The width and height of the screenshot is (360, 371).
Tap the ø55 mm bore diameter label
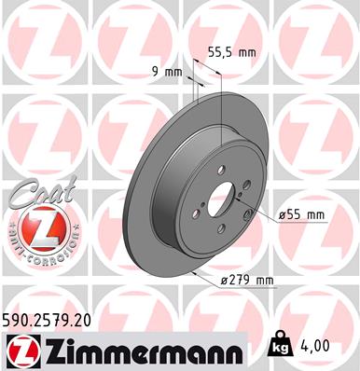pos(301,216)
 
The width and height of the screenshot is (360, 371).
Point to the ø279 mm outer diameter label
pos(246,280)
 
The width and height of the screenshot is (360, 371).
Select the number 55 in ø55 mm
pos(296,216)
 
